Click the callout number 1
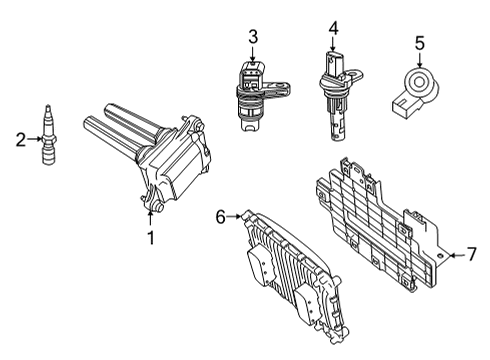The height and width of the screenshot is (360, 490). click(x=151, y=237)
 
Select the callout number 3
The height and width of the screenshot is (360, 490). click(x=253, y=37)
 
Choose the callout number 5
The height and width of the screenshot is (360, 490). click(x=420, y=42)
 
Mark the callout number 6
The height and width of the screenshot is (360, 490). click(x=220, y=215)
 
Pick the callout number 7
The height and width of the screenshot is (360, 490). click(x=471, y=256)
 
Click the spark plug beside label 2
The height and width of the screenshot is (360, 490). click(x=44, y=140)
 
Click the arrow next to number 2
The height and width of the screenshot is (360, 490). click(x=33, y=141)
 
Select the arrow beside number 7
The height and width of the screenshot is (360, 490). click(x=455, y=256)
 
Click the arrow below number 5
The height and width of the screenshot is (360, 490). click(x=420, y=57)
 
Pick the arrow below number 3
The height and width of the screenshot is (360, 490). click(x=253, y=55)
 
